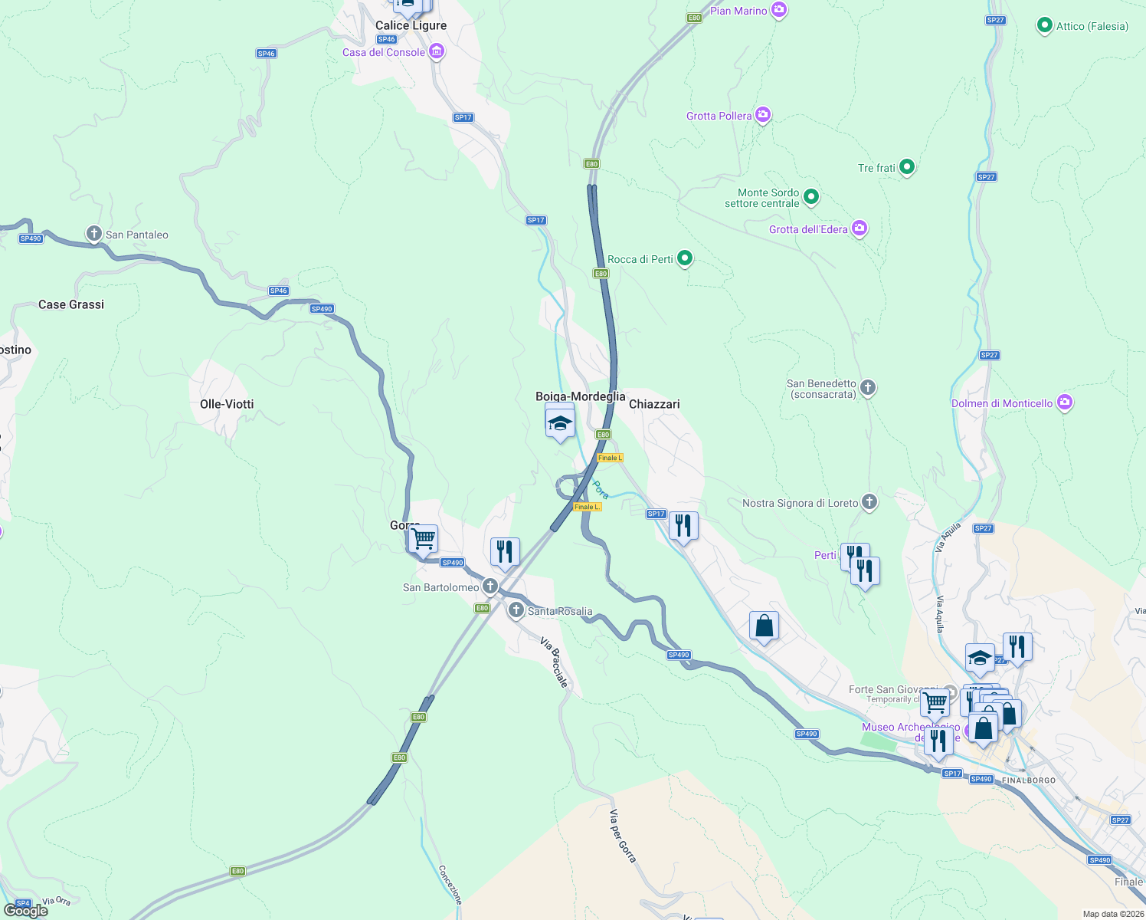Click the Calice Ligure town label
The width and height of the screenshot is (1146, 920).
pyautogui.click(x=411, y=25)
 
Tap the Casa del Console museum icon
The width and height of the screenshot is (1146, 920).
pyautogui.click(x=437, y=51)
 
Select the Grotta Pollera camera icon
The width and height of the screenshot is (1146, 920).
pyautogui.click(x=762, y=115)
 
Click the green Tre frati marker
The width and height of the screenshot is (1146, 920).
pyautogui.click(x=907, y=166)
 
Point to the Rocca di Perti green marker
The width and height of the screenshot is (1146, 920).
pyautogui.click(x=685, y=258)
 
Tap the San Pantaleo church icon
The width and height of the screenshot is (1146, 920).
pyautogui.click(x=94, y=234)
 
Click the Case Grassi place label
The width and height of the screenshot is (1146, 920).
pyautogui.click(x=71, y=304)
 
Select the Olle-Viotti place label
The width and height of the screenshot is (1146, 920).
pyautogui.click(x=227, y=404)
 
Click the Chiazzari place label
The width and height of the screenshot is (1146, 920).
pyautogui.click(x=654, y=404)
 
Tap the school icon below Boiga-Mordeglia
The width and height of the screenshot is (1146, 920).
pyautogui.click(x=560, y=424)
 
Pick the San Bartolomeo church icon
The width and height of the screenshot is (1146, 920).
pyautogui.click(x=490, y=586)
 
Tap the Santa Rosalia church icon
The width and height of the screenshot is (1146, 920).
pyautogui.click(x=516, y=610)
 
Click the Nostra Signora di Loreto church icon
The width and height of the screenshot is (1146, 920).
pyautogui.click(x=869, y=502)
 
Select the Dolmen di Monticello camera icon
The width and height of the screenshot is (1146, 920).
pyautogui.click(x=1064, y=402)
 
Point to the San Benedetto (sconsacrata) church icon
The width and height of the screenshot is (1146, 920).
pyautogui.click(x=868, y=388)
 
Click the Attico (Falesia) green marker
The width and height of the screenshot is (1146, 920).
pyautogui.click(x=1044, y=25)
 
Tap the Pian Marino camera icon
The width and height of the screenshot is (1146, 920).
pyautogui.click(x=779, y=10)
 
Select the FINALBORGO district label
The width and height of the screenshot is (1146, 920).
pyautogui.click(x=1029, y=780)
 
